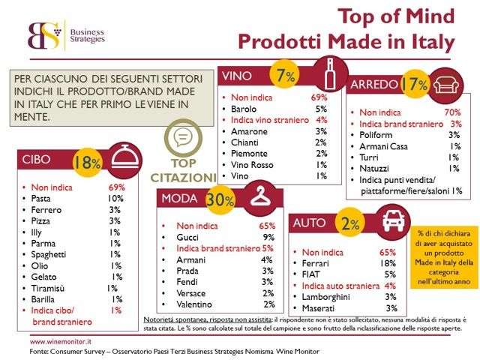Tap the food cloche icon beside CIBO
[x=122, y=160]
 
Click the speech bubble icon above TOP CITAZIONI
[x=181, y=138]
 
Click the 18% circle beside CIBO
[x=86, y=162]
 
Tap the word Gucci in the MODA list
[x=181, y=236]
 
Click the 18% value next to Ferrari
[x=388, y=264]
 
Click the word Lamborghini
[x=323, y=297]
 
